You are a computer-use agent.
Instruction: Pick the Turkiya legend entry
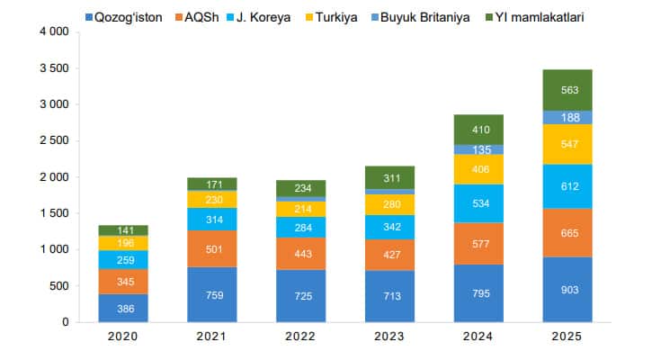coord(381,16)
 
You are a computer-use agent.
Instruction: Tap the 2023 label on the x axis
coord(389,337)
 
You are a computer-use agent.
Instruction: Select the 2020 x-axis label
coord(122,337)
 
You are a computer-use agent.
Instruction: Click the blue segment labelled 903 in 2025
coord(567,289)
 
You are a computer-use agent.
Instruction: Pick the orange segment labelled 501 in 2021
coord(211,248)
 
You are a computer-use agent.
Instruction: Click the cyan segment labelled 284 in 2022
coord(300,227)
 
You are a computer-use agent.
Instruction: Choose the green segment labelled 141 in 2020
coord(122,230)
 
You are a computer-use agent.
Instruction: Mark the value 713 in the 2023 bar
coord(389,296)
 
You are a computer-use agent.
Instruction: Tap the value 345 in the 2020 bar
coord(122,282)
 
